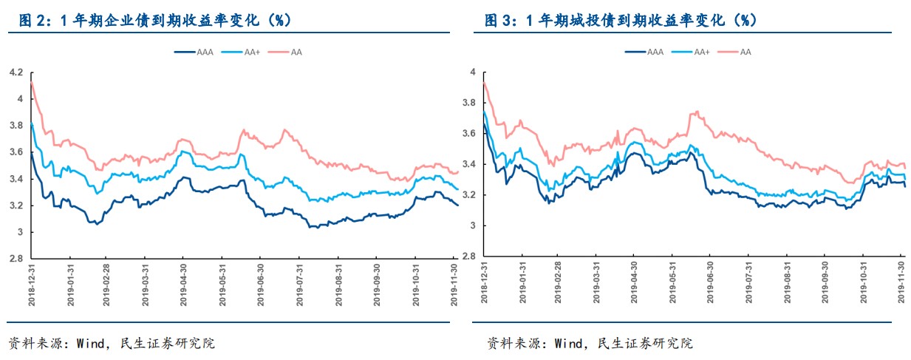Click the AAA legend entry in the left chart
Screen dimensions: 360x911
pos(194,52)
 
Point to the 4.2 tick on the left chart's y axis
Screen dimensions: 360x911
pos(16,72)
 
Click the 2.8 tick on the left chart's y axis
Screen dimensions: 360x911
pos(16,259)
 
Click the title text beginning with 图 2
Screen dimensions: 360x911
pos(155,21)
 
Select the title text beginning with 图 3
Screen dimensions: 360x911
pos(620,21)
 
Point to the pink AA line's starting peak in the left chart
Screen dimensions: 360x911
pos(31,84)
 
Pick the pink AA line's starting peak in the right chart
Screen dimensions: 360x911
pos(483,84)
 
